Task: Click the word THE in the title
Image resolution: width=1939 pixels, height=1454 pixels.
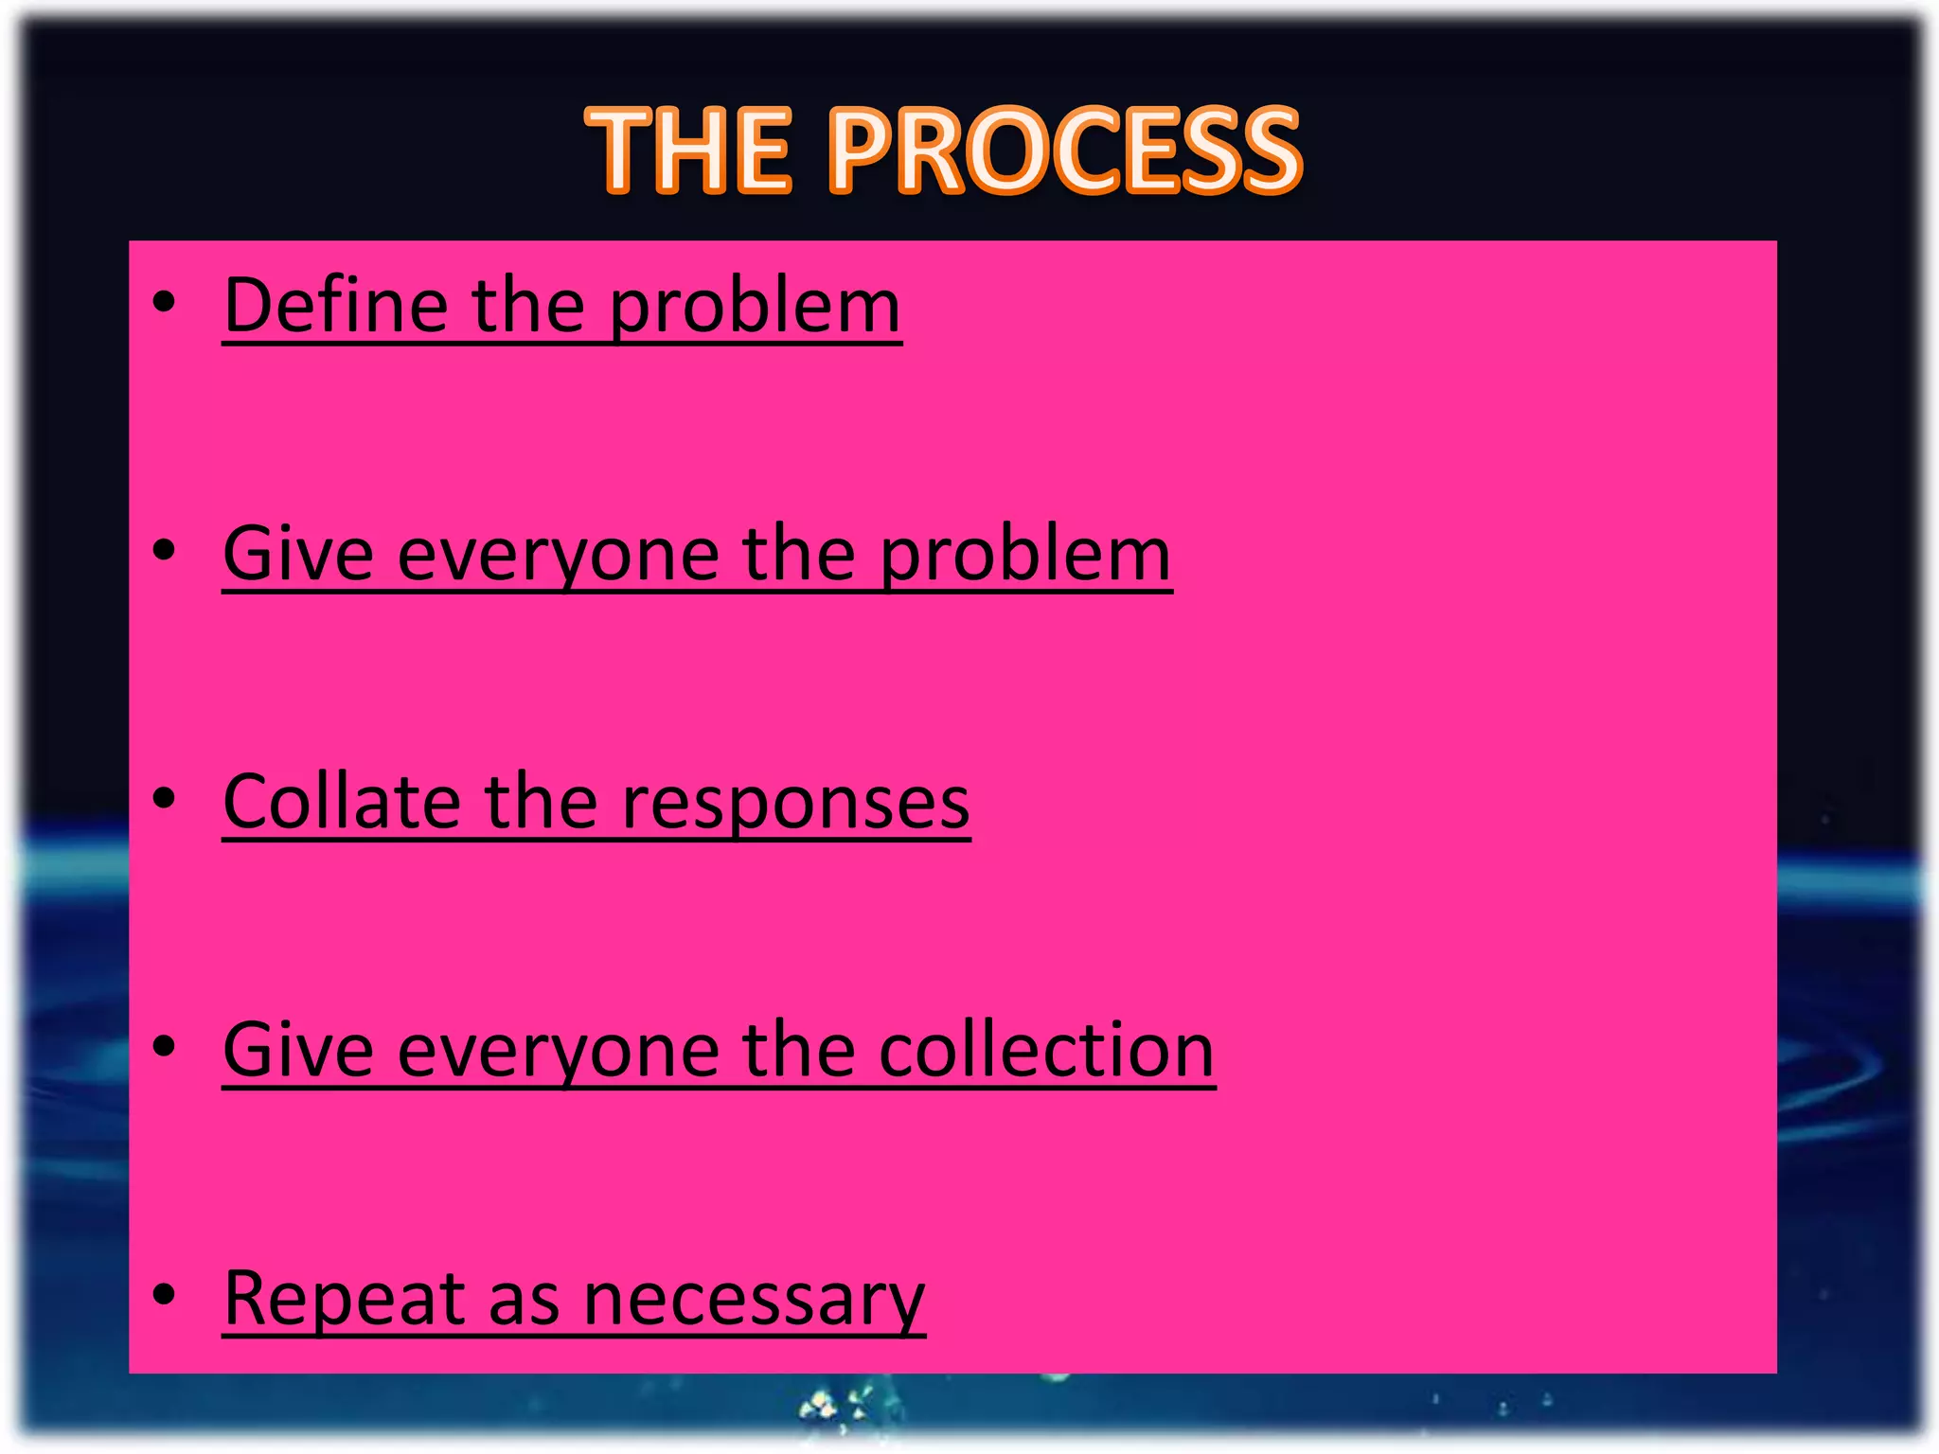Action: point(688,151)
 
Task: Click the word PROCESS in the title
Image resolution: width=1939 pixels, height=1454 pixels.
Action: point(1064,151)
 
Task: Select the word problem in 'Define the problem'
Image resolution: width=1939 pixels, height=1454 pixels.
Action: point(754,309)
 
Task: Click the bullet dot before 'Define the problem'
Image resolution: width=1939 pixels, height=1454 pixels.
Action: point(165,302)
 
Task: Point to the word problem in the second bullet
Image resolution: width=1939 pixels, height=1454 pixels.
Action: point(1025,557)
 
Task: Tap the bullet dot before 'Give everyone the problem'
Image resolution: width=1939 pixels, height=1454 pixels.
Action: point(165,550)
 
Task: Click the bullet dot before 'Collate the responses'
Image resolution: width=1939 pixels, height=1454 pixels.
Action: point(165,798)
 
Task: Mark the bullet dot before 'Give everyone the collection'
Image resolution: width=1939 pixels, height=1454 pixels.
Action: point(165,1046)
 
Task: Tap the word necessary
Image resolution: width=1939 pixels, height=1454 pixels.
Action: point(754,1302)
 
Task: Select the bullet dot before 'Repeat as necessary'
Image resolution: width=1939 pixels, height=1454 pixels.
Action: point(165,1294)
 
